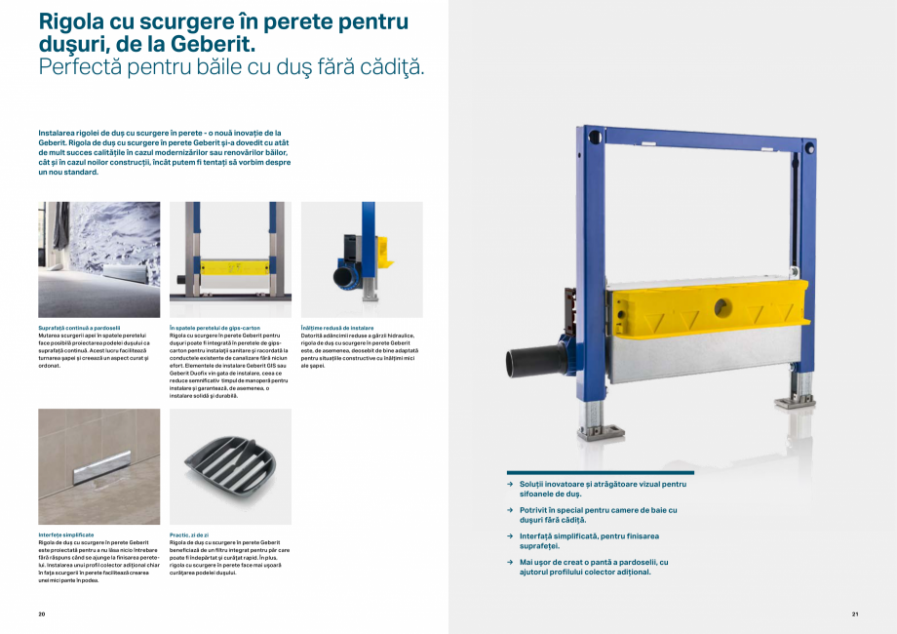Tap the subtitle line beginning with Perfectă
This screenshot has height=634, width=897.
230,67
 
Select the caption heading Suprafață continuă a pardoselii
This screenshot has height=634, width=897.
80,328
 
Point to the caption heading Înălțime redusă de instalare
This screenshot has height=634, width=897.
337,328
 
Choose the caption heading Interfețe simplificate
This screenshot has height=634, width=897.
66,535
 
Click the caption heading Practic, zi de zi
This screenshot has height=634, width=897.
189,535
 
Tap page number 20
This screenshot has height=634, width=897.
42,614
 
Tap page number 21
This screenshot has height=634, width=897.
854,614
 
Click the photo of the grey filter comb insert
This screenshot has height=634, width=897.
230,466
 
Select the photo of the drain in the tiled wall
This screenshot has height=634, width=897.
98,466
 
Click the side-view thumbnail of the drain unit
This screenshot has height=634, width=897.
362,259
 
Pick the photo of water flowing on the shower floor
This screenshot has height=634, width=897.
98,259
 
